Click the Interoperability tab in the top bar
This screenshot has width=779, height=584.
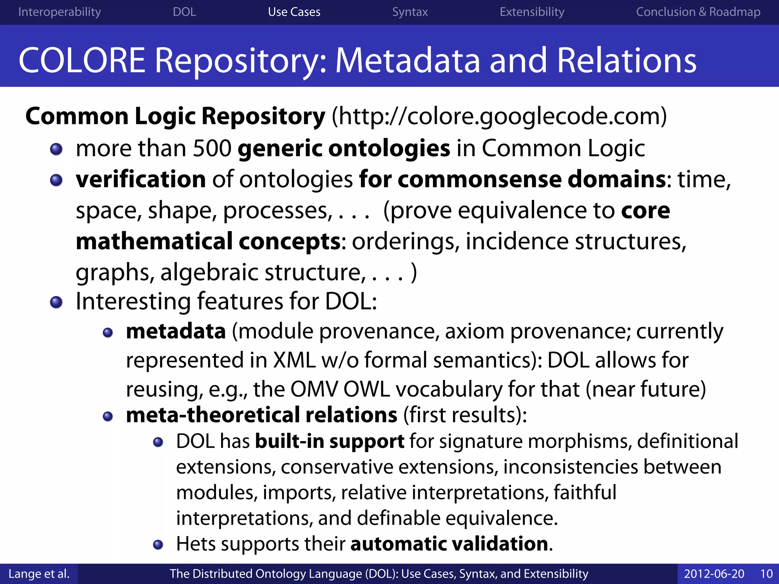click(59, 12)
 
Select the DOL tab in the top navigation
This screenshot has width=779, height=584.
click(184, 12)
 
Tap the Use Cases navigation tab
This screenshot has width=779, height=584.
click(294, 12)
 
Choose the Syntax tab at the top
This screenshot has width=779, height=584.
click(410, 12)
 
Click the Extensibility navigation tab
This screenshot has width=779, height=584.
click(532, 12)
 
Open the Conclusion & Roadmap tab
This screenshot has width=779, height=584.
click(698, 12)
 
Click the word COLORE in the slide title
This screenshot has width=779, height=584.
click(82, 61)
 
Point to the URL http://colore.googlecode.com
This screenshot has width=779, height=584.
click(499, 116)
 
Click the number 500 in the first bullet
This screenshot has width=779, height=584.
click(212, 148)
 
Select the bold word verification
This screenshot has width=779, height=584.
click(141, 179)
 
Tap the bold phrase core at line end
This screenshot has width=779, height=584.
click(645, 211)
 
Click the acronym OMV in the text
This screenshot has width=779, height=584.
click(314, 389)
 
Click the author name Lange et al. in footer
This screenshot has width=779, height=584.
click(39, 574)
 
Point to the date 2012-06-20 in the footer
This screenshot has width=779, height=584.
click(714, 574)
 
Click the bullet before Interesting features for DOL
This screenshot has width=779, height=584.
click(56, 303)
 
